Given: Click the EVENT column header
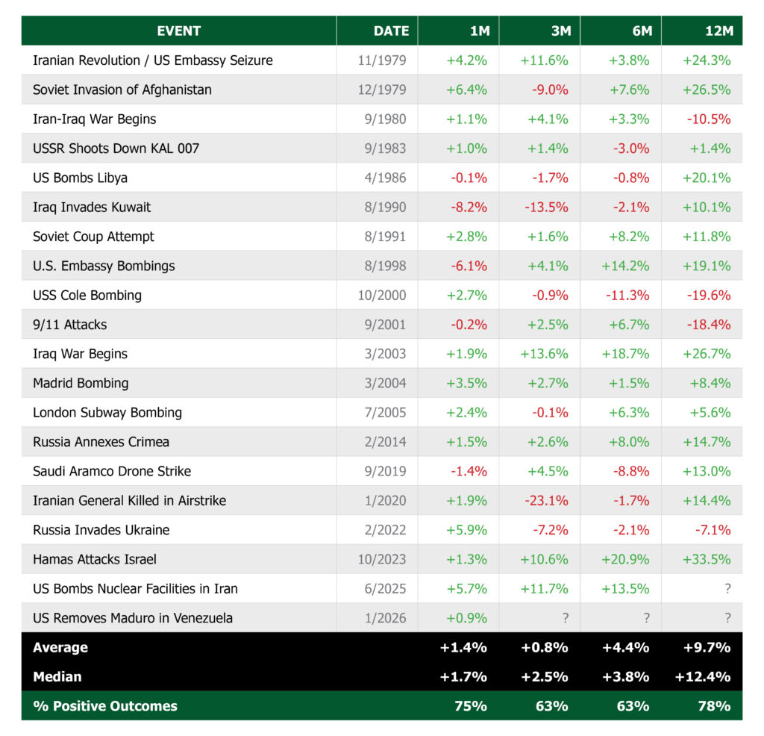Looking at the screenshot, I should (x=179, y=31).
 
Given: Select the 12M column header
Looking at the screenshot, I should (x=718, y=31).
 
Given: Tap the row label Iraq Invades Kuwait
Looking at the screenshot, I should (x=92, y=207).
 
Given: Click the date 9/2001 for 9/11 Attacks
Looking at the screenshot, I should (x=385, y=325).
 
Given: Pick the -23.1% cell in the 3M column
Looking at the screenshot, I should (x=549, y=500).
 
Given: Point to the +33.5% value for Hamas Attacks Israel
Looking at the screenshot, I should (x=707, y=559).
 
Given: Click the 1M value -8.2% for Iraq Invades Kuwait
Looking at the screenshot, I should (x=468, y=207).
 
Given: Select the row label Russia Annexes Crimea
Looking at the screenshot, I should (x=101, y=442).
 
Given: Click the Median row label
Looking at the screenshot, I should (x=57, y=676).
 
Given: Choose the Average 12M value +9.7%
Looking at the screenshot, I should (x=707, y=647).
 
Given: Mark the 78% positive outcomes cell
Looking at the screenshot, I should (x=713, y=705).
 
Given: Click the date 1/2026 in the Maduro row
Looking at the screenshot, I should (x=385, y=618).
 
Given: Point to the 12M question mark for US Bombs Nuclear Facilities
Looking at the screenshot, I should (x=727, y=588).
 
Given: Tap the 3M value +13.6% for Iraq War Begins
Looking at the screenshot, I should (x=544, y=354).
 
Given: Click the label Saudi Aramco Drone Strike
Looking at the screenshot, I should (x=112, y=471).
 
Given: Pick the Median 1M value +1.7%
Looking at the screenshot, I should (x=463, y=676).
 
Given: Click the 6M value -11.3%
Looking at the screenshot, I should (x=628, y=295).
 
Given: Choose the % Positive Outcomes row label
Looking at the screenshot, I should (x=105, y=705).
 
